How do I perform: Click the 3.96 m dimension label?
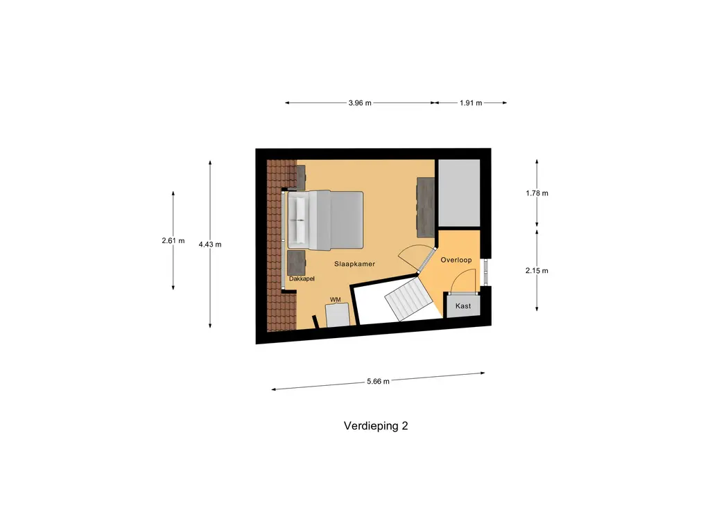coord(360,103)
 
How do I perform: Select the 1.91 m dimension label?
coord(471,103)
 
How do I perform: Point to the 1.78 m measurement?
coord(537,193)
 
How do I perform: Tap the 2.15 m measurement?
coord(537,271)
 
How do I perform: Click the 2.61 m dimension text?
coord(173,241)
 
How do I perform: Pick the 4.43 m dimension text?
coord(209,245)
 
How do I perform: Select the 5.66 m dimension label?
coord(377,381)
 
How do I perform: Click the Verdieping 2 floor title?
coord(376,426)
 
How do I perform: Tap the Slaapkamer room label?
coord(355,265)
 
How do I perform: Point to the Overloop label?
coord(456,260)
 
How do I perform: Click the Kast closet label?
coord(463,305)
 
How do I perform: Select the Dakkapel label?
coord(302,279)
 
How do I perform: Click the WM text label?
coord(335,299)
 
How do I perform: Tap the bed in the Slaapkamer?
coord(326,220)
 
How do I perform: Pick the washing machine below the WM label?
coord(338,315)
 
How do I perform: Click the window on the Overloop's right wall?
coord(485,272)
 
